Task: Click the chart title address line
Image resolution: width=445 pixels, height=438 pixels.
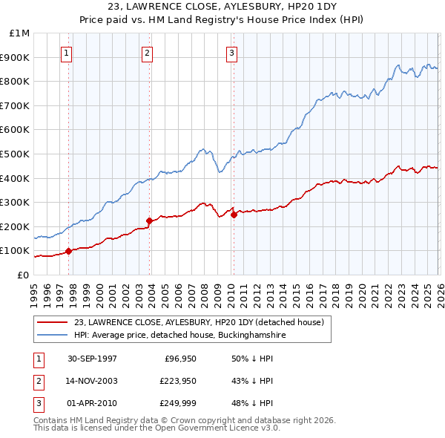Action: tap(222, 7)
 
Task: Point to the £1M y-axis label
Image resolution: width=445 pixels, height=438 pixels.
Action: tap(19, 33)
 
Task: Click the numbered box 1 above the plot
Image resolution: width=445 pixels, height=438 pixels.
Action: tap(67, 53)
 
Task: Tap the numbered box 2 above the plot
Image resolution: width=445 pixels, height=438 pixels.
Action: tap(148, 53)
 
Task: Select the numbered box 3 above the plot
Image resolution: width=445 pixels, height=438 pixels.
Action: tap(231, 53)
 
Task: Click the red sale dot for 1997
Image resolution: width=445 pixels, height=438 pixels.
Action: tap(69, 251)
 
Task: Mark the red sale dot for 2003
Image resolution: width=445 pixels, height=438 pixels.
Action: tap(149, 220)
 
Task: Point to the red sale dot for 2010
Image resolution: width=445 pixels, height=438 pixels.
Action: tap(234, 215)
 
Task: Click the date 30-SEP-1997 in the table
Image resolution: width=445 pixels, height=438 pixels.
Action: tap(92, 359)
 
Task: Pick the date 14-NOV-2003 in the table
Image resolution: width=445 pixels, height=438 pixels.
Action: tap(92, 381)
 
